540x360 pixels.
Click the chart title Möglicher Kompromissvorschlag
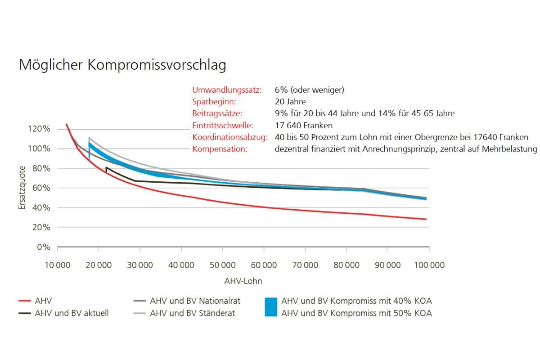click(122, 65)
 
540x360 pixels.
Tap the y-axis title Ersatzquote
click(22, 188)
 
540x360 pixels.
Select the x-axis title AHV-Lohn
click(243, 281)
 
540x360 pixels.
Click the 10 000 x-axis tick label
click(58, 265)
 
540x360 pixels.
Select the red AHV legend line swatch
click(25, 301)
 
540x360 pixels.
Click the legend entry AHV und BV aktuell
click(72, 313)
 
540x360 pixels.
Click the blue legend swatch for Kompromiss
click(271, 307)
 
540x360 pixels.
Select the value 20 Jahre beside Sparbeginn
click(290, 102)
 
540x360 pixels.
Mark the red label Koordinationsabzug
click(230, 137)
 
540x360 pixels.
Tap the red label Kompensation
click(220, 148)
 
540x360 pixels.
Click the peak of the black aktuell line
click(107, 167)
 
